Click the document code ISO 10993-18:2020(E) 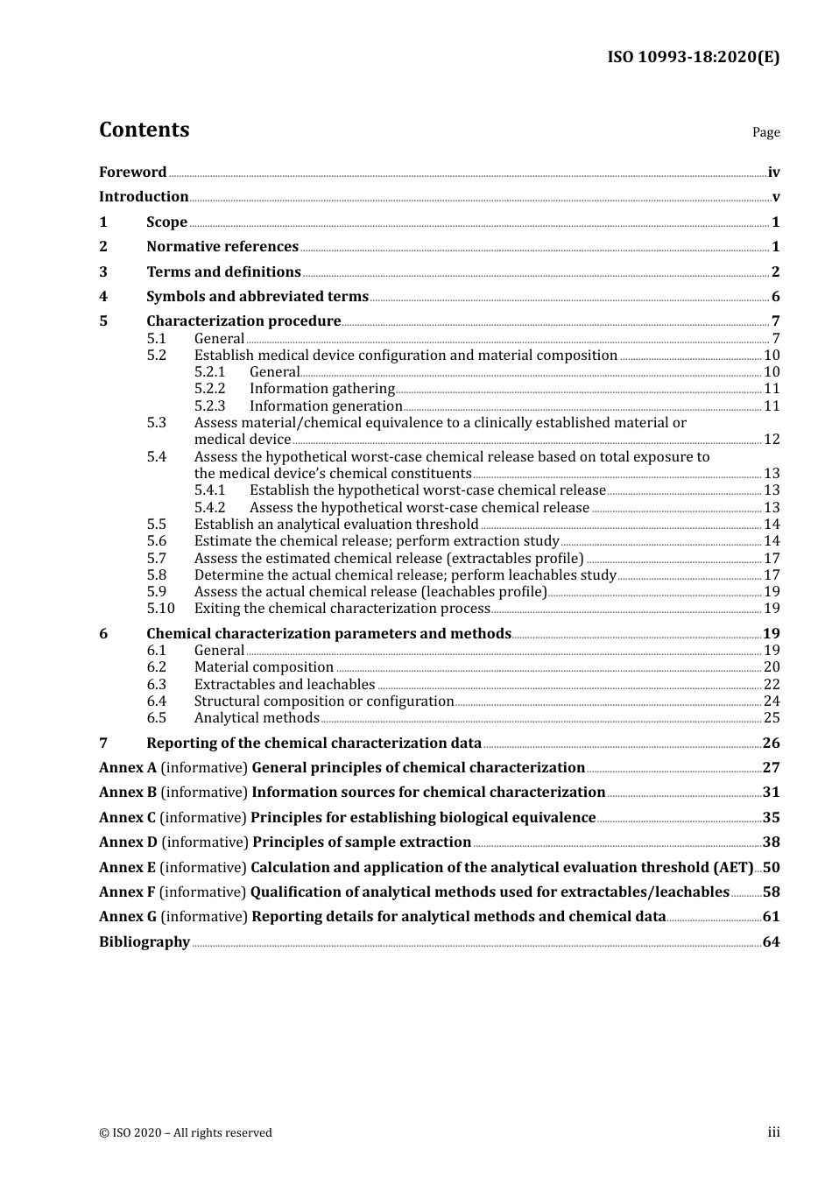coord(693,57)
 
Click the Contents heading coord(144,130)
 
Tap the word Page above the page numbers coord(765,132)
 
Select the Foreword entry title coord(132,173)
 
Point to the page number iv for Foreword coord(773,173)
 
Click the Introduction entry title coord(144,197)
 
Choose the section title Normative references coord(222,247)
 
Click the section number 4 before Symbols coord(103,297)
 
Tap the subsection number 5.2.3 coord(209,406)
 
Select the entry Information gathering coord(321,389)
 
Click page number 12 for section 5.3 coord(772,440)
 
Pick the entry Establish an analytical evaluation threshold coord(336,525)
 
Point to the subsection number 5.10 coord(160,609)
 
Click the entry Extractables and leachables coord(285,685)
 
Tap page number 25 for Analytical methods coord(772,718)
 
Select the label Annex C coord(127,818)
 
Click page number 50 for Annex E coord(771,868)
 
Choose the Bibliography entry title coord(145,942)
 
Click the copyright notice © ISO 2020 coord(185,1133)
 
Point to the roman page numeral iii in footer coord(773,1132)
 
